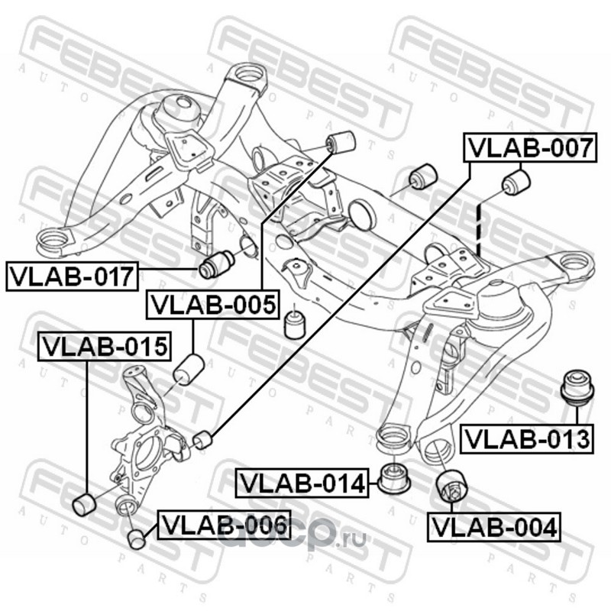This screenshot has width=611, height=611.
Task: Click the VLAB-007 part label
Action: (529, 147)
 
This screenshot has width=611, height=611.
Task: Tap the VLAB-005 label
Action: (212, 305)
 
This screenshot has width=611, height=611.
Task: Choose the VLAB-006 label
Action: (224, 525)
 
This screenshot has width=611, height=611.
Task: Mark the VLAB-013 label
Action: (527, 438)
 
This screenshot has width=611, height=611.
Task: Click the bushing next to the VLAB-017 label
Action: (216, 265)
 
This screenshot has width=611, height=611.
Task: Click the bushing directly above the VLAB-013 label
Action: (578, 386)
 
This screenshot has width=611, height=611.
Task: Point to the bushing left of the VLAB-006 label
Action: (137, 538)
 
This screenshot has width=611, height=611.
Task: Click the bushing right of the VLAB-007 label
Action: (517, 183)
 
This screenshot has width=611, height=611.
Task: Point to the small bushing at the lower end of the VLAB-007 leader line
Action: (202, 441)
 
